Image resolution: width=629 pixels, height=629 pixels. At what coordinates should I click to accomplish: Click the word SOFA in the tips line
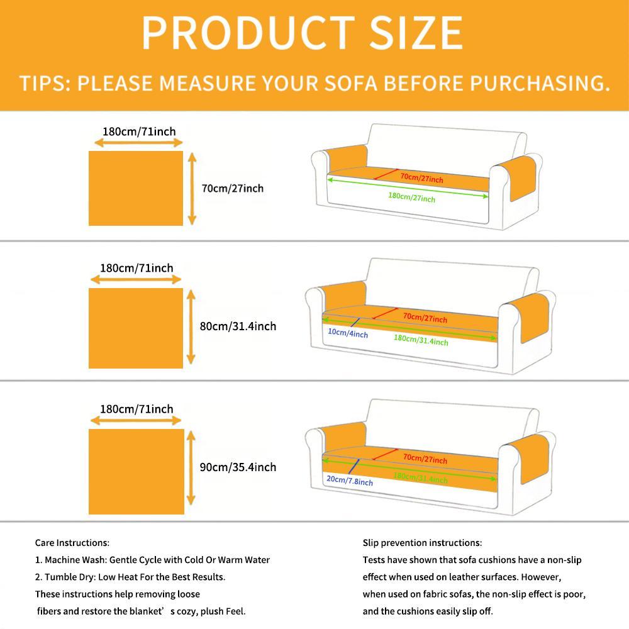pos(350,83)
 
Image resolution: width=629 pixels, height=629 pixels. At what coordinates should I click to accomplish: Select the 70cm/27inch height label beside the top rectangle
pos(233,188)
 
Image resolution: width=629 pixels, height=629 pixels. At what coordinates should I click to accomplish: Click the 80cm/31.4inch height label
pos(238,326)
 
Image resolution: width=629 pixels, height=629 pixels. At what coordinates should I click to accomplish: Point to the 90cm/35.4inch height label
pos(238,467)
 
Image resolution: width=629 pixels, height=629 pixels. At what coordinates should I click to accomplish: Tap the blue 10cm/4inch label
pos(348,333)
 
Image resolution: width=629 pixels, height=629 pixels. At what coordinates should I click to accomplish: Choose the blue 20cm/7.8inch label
pos(349,481)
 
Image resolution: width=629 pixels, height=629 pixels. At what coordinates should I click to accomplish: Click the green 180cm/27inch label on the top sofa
pos(411,198)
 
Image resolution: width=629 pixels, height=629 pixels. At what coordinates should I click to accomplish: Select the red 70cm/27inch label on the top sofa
pos(421,177)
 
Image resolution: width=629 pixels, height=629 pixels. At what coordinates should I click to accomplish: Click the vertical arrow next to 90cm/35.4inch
pos(191,468)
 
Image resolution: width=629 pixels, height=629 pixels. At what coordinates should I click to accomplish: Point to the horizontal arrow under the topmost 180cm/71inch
pos(138,142)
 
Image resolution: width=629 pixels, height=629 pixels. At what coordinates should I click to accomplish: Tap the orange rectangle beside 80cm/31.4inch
pos(136,328)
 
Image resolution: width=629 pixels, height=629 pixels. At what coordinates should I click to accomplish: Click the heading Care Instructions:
pos(72,543)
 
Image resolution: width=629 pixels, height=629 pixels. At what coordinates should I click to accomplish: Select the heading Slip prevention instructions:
pos(423,543)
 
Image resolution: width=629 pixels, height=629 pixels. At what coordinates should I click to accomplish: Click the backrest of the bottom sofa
pos(452,427)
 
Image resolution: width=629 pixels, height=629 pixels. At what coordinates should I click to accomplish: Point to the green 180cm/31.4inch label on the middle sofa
pos(421,340)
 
